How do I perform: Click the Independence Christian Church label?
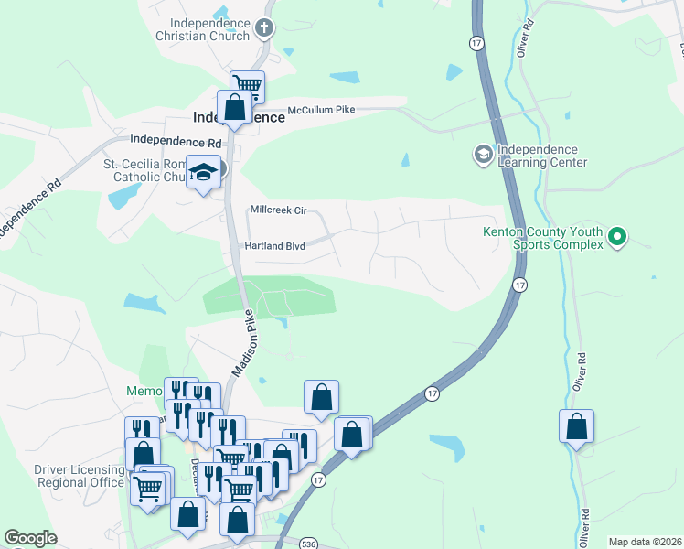pos(203,29)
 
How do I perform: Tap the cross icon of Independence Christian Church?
pos(265,28)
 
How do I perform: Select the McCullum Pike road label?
pos(320,110)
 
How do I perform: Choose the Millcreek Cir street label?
pos(283,210)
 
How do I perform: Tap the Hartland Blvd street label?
pos(274,246)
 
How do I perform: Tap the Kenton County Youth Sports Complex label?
pos(543,238)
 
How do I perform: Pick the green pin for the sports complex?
pos(617,238)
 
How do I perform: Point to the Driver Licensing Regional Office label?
pos(79,476)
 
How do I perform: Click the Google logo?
pos(30,538)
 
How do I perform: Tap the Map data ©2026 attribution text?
pos(645,541)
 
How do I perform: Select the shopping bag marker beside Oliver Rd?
pos(576,426)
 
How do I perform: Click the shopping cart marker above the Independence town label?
pos(247,87)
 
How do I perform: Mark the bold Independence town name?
pos(239,118)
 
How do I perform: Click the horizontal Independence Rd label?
pos(176,142)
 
